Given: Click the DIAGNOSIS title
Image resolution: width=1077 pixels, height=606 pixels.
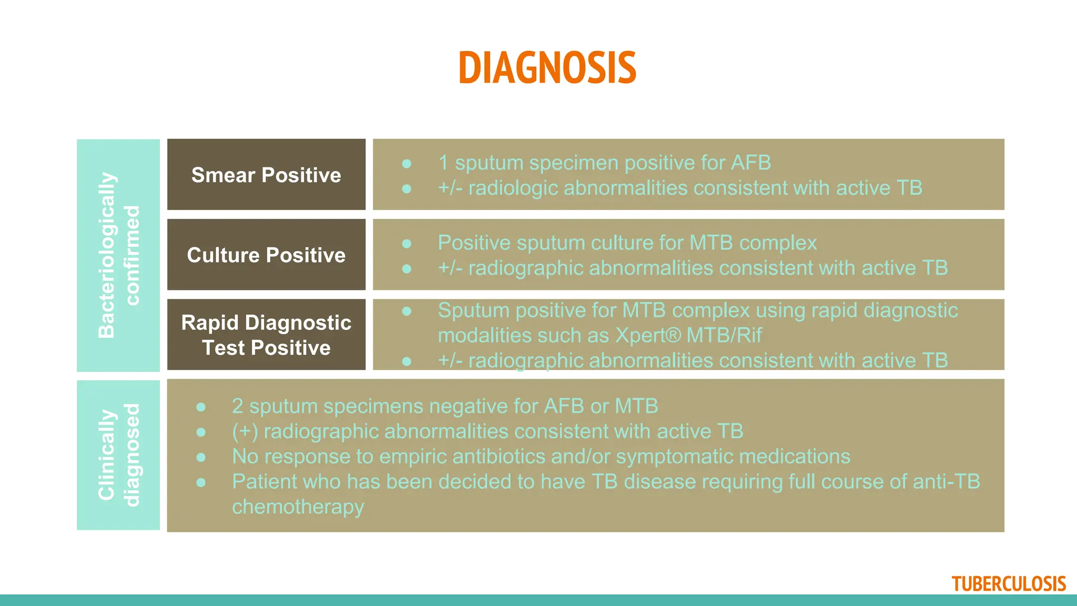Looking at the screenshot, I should click(547, 68).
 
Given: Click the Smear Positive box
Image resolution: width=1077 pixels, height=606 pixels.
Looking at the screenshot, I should click(266, 175).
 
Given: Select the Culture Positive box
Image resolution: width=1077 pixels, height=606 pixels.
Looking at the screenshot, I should click(266, 255).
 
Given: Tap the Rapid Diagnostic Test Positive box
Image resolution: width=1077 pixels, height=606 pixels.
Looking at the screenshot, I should click(266, 335).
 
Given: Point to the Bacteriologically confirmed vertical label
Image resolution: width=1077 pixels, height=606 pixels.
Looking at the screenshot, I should click(118, 255).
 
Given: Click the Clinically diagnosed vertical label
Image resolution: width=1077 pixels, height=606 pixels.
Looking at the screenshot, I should click(118, 455).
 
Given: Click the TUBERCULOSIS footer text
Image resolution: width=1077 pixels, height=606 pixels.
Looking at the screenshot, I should click(1008, 584).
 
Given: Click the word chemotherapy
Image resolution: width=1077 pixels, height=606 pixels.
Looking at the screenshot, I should click(298, 507).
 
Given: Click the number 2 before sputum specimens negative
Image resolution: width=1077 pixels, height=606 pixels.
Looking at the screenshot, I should click(237, 406).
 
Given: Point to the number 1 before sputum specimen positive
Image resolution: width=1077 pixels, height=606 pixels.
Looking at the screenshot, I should click(443, 163).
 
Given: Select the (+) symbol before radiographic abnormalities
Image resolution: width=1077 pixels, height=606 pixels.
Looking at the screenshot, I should click(245, 431).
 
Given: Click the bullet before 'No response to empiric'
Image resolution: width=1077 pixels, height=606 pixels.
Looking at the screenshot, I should click(201, 457).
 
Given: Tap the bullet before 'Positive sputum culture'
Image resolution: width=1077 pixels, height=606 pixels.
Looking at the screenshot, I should click(407, 244).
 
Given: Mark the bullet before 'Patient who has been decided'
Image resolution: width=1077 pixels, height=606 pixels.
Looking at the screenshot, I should click(201, 482).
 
